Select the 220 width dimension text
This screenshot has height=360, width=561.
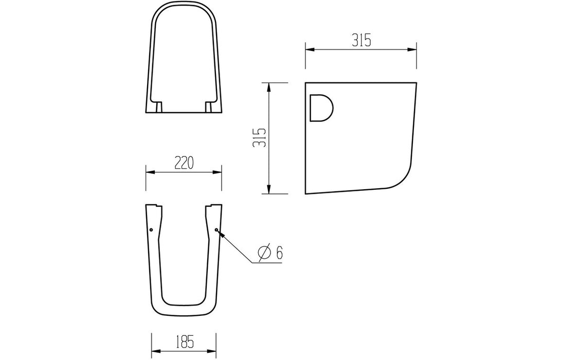(184, 163)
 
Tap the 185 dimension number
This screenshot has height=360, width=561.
(184, 340)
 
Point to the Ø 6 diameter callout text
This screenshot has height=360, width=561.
(271, 253)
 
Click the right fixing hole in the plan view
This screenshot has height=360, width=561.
(216, 230)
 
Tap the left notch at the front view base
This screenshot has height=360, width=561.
(159, 106)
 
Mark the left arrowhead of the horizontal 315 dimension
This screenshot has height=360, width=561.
(309, 50)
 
